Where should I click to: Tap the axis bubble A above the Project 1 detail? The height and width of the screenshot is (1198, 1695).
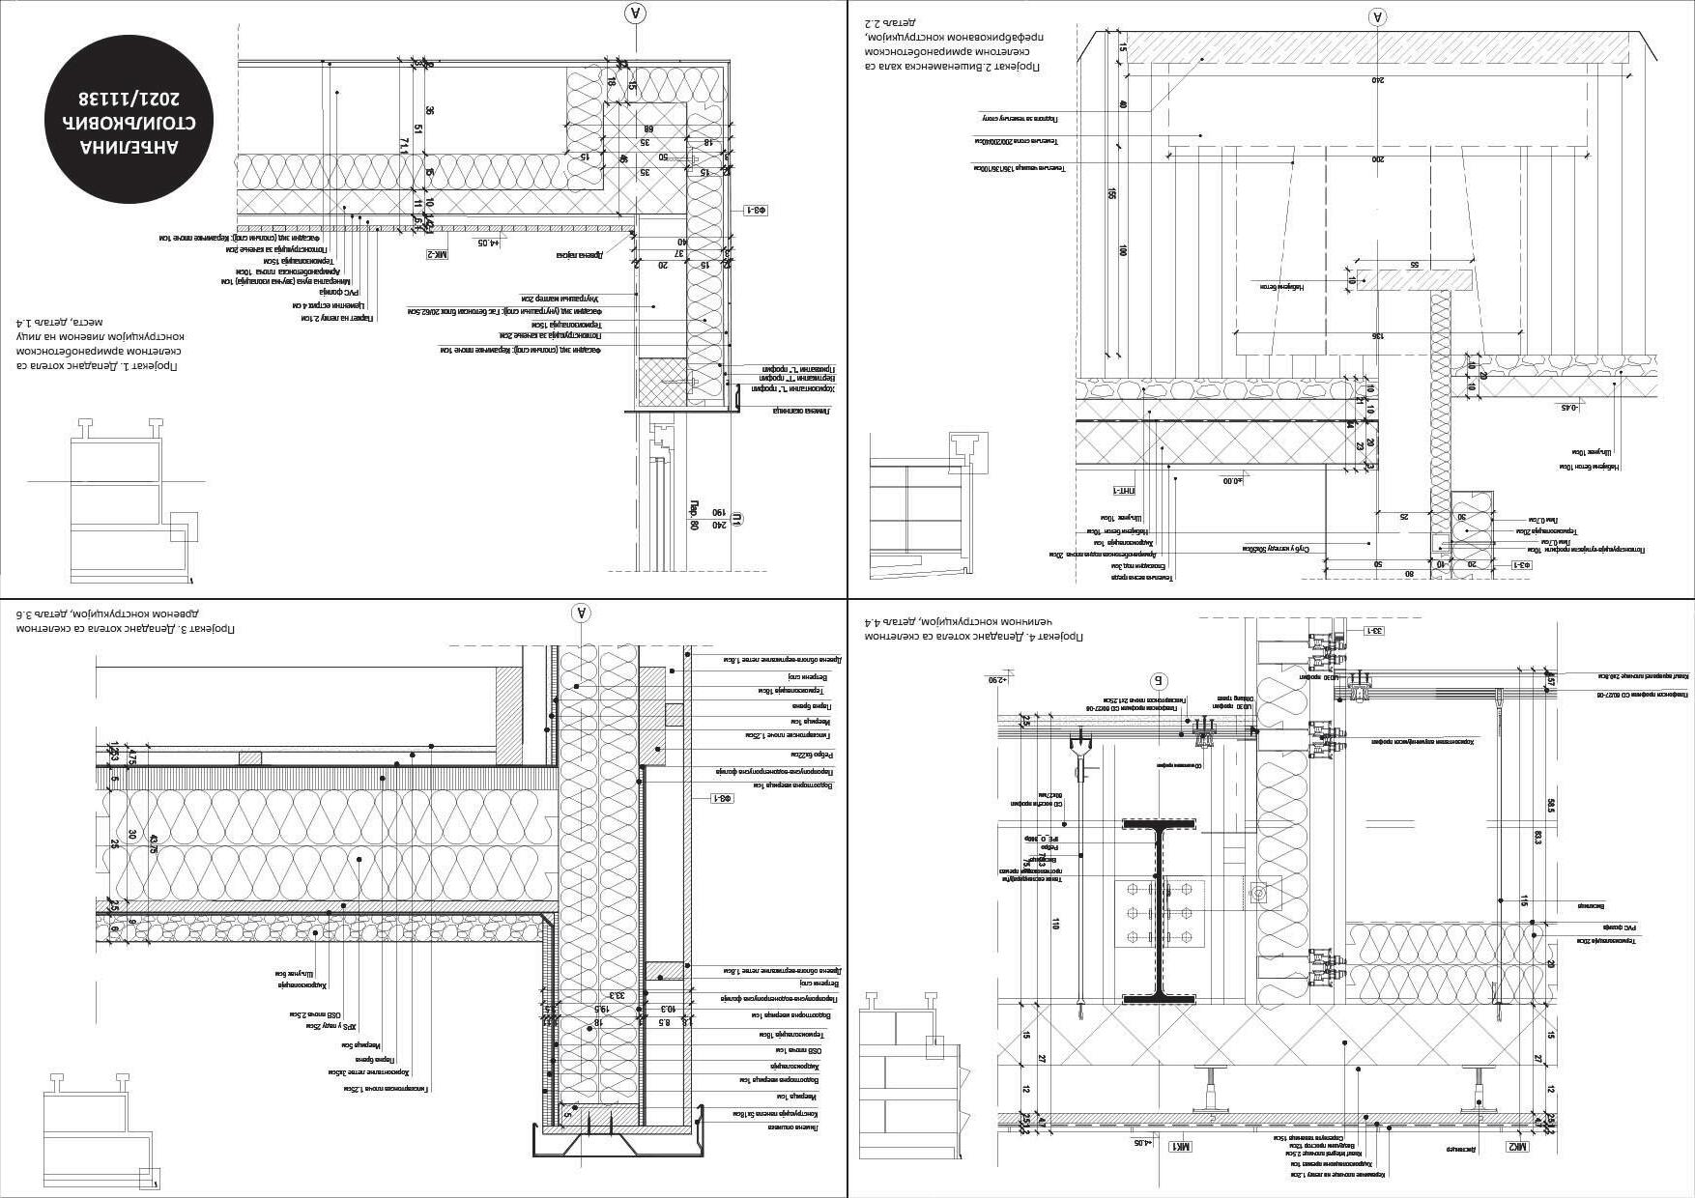[635, 13]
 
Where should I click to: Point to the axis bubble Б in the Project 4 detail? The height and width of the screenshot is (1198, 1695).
[1161, 680]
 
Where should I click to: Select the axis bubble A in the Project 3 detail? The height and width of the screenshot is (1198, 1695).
[581, 612]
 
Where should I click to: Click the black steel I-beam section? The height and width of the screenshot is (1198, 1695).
[1159, 910]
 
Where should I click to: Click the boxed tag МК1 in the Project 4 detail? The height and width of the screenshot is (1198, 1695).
[1180, 1146]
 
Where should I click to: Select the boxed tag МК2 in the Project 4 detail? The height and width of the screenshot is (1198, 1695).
[1516, 1147]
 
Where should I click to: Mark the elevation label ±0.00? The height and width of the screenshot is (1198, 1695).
[1234, 479]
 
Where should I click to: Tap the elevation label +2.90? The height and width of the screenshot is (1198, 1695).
[997, 680]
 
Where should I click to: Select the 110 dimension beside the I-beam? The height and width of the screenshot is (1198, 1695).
[1055, 924]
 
